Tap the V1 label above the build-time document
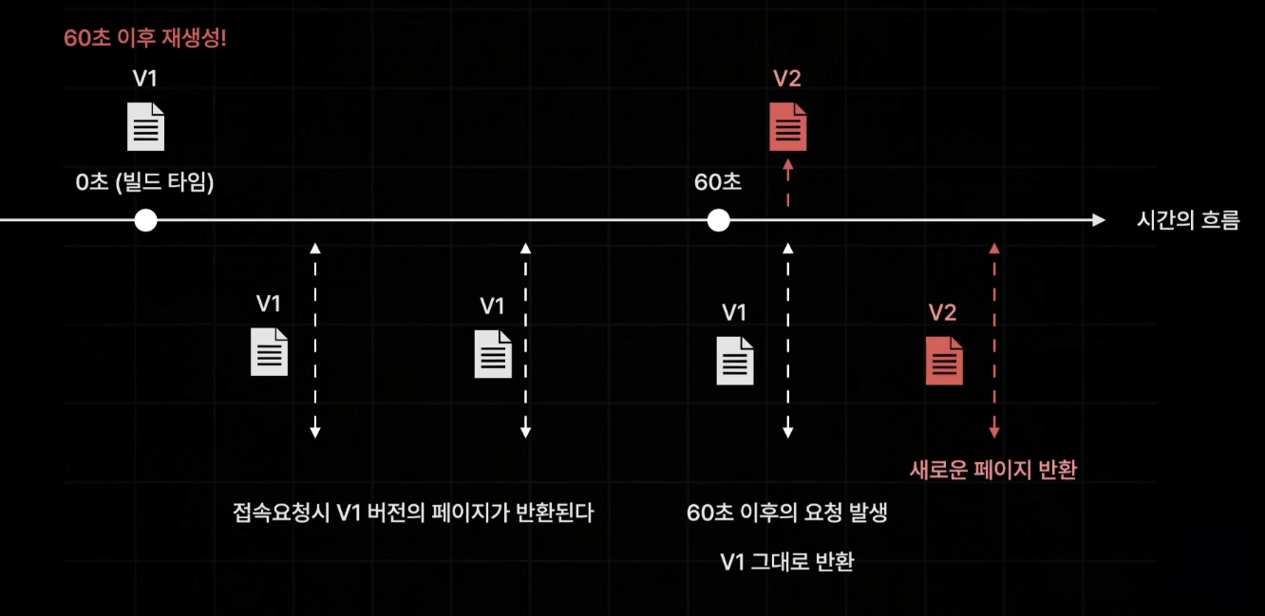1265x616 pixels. click(x=145, y=79)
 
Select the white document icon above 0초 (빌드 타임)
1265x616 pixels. click(x=145, y=127)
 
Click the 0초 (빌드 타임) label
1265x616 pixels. click(x=145, y=182)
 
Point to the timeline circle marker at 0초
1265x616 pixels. click(x=145, y=220)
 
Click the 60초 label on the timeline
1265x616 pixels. click(x=718, y=182)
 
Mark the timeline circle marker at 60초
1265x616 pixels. click(x=719, y=220)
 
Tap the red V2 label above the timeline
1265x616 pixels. click(x=787, y=79)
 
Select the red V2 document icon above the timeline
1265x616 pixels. click(x=787, y=127)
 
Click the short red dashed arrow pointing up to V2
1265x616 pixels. click(x=787, y=183)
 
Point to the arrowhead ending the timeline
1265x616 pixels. click(x=1100, y=220)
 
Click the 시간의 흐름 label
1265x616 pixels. click(x=1188, y=221)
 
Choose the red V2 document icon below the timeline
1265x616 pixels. click(x=944, y=361)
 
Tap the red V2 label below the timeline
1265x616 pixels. click(x=942, y=312)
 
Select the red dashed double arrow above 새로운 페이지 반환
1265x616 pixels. click(x=993, y=341)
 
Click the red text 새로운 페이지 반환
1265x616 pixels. click(x=993, y=470)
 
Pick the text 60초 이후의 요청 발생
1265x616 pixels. click(x=787, y=513)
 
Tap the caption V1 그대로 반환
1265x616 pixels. click(x=787, y=562)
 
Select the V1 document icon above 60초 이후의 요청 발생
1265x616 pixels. click(x=735, y=361)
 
